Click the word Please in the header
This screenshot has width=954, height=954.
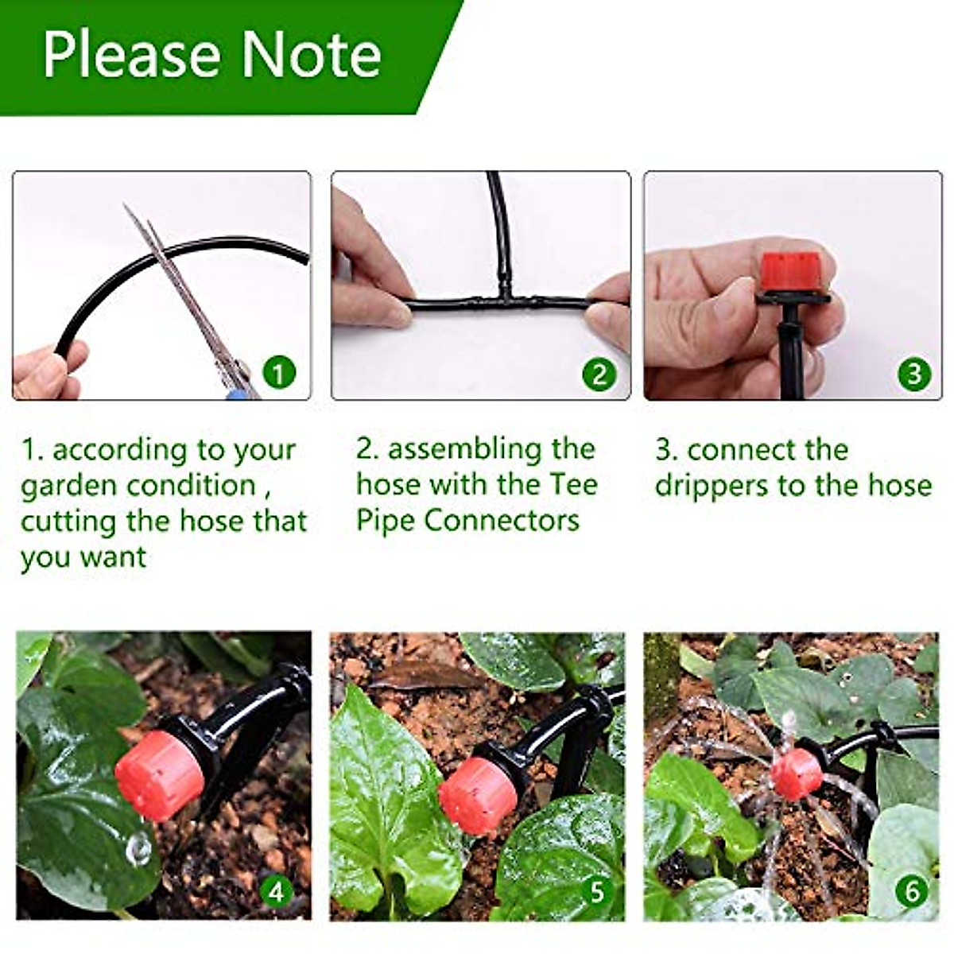(132, 56)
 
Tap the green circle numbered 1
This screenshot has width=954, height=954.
(278, 371)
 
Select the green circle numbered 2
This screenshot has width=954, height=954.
(599, 374)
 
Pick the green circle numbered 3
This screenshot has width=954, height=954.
(913, 374)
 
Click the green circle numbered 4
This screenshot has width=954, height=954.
(276, 891)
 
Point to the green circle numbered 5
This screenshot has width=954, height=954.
(596, 891)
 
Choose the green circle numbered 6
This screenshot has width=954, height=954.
(912, 891)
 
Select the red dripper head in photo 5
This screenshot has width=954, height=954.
(478, 795)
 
